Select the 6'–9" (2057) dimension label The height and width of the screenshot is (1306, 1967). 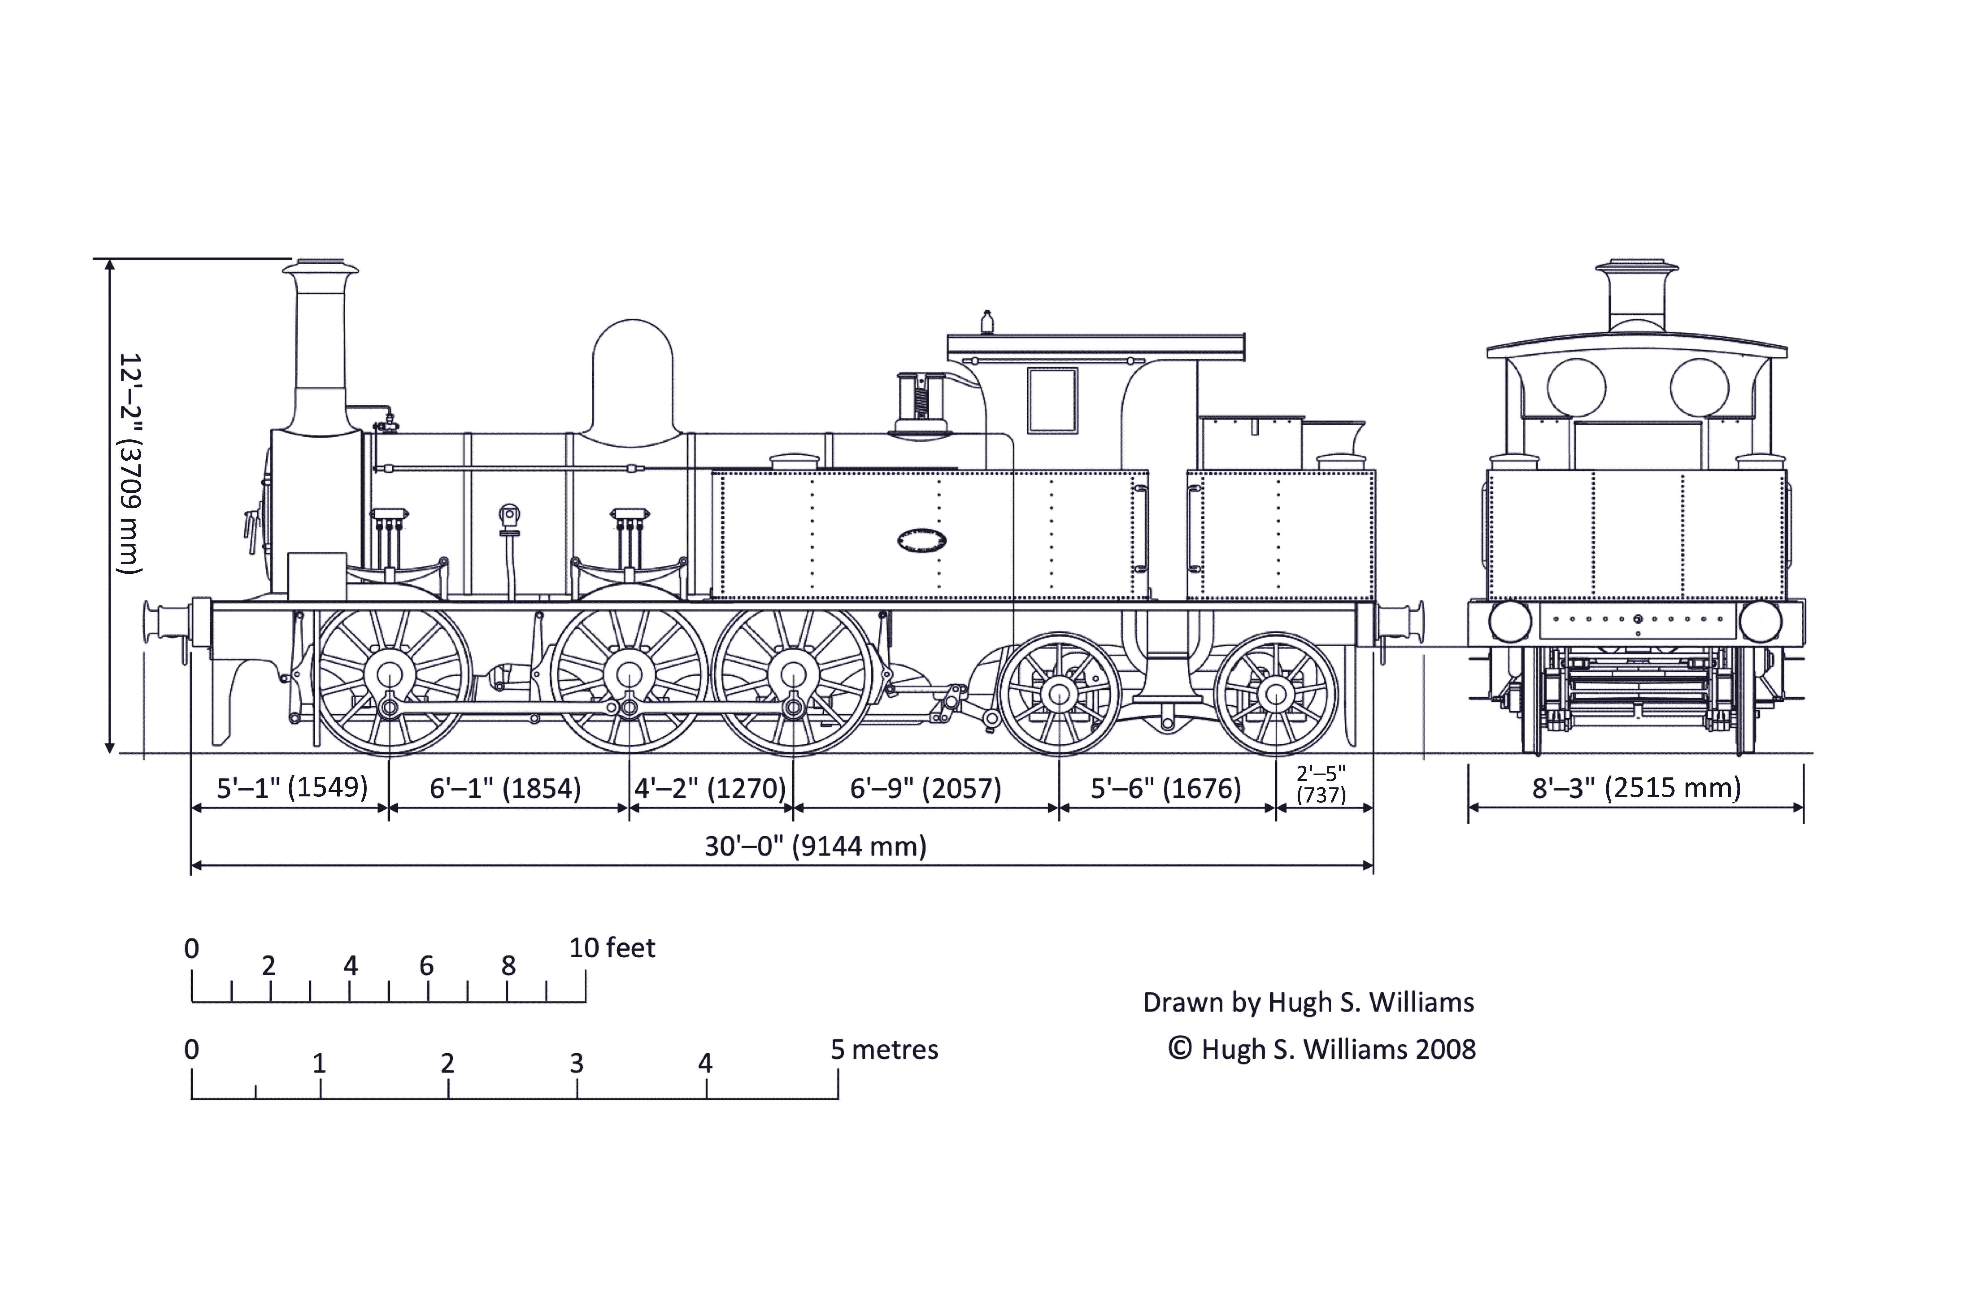pyautogui.click(x=925, y=788)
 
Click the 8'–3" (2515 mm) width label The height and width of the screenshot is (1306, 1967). pyautogui.click(x=1635, y=788)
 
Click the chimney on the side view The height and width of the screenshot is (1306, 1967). pyautogui.click(x=321, y=350)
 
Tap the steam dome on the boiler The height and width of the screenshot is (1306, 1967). pyautogui.click(x=633, y=379)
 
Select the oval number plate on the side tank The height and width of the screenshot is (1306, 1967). pyautogui.click(x=922, y=540)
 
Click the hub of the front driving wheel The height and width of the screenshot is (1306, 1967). pyautogui.click(x=390, y=675)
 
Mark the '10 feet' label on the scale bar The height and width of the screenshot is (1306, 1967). pyautogui.click(x=612, y=948)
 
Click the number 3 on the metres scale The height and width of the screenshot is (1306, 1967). pyautogui.click(x=576, y=1064)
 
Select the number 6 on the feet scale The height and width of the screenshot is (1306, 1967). pyautogui.click(x=426, y=966)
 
